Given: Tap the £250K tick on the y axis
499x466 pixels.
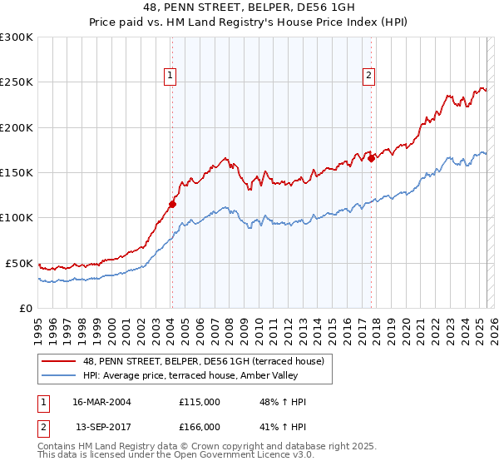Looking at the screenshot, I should point(17,82).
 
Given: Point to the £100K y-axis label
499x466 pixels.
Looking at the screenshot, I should point(17,217).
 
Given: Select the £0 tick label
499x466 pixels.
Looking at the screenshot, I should point(25,308).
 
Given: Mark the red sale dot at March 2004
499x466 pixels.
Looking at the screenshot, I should point(173,204).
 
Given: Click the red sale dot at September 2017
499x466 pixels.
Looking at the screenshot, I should point(371,158).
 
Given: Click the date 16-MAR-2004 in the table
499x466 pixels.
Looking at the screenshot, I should point(102,402).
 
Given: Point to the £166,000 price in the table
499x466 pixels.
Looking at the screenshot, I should point(200,426).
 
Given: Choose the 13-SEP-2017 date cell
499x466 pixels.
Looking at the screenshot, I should point(102,426).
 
